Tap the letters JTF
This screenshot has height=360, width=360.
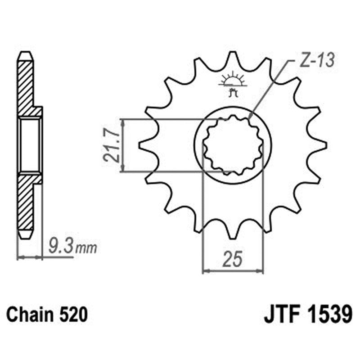279,314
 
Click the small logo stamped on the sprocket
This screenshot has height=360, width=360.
233,83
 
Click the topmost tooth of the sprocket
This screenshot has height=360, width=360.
233,56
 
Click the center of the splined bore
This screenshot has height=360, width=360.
233,145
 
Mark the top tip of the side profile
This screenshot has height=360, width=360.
25,54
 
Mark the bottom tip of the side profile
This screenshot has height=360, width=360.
25,237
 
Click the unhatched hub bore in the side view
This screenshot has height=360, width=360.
30,145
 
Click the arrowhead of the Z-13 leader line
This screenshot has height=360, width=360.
250,118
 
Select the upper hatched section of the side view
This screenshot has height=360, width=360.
26,85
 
